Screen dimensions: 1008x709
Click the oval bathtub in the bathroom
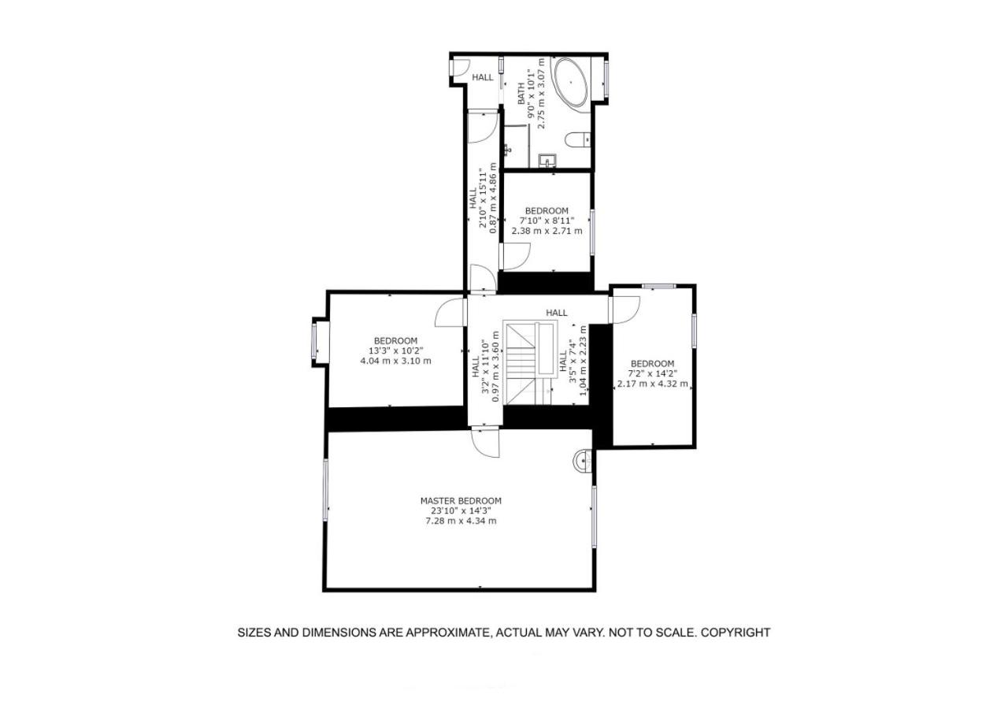point(571,83)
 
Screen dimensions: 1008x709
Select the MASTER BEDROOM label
point(461,500)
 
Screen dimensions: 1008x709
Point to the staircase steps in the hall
point(521,364)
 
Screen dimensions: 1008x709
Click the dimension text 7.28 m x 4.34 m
point(461,522)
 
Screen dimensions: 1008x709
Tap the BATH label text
point(521,93)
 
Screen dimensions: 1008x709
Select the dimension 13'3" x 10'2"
point(396,351)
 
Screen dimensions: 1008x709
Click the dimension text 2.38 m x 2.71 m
point(547,231)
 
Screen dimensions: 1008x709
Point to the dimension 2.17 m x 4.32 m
point(653,384)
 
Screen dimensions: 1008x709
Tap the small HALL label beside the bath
point(483,77)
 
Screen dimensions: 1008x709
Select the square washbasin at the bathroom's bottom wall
point(547,160)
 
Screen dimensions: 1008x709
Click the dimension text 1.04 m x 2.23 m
point(583,361)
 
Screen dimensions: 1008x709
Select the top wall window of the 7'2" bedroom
point(659,286)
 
